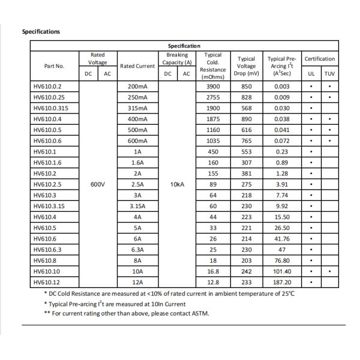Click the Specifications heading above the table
[41, 31]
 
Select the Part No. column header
[54, 66]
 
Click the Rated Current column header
[137, 66]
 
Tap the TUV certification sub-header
[329, 74]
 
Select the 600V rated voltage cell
[98, 184]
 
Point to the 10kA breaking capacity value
[177, 184]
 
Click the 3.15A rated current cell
[137, 206]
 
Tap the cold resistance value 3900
[213, 87]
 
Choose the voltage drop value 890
[247, 119]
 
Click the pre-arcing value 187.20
[281, 282]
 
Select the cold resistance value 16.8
[213, 271]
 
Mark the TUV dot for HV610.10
[329, 271]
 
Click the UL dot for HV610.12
[311, 282]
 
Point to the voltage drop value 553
[247, 152]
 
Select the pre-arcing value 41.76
[281, 239]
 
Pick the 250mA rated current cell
[137, 98]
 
